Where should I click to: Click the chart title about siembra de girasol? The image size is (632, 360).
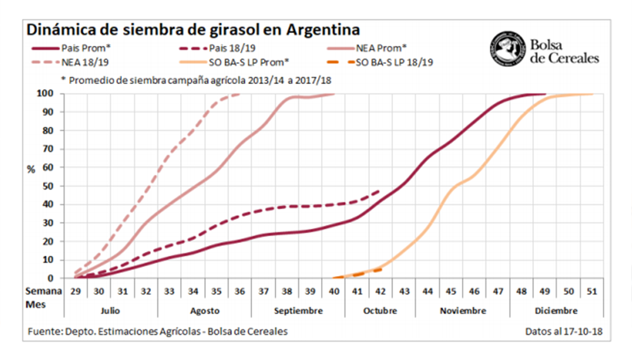[193, 30]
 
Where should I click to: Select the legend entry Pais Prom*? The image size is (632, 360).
[86, 47]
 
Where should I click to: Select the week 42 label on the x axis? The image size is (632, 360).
[380, 291]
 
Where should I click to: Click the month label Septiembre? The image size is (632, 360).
[298, 311]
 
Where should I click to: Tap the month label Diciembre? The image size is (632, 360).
[556, 311]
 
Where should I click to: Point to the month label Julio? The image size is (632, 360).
[111, 311]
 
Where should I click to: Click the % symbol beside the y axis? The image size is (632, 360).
[30, 169]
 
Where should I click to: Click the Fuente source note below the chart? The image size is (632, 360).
[158, 331]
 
